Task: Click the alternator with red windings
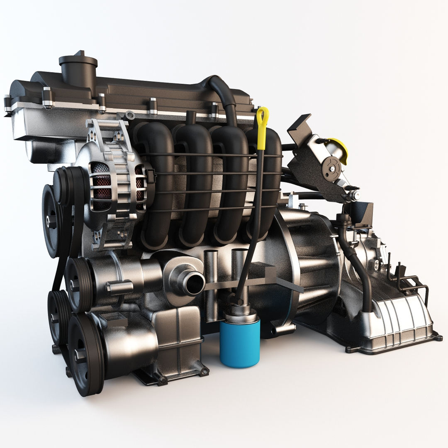(118, 183)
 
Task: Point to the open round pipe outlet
(194, 283)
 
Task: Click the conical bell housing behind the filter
(307, 265)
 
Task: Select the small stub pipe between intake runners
(191, 118)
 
